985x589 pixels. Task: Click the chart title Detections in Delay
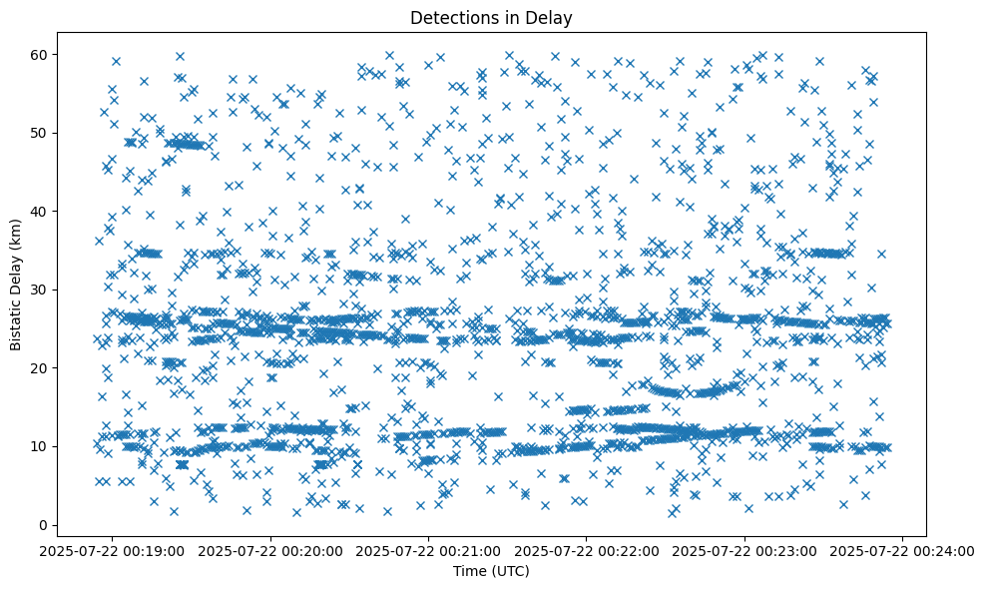tap(491, 17)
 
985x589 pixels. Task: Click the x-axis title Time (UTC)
tap(491, 572)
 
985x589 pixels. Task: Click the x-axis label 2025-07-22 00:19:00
tap(113, 550)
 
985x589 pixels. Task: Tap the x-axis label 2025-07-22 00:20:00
tap(271, 550)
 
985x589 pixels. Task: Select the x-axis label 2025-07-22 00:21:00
tap(429, 550)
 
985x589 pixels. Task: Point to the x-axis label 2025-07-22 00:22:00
tap(587, 550)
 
